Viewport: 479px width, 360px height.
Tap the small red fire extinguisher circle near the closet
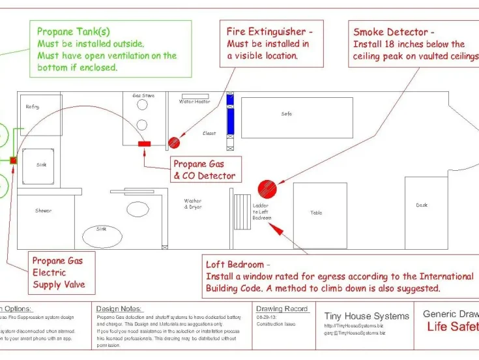point(173,143)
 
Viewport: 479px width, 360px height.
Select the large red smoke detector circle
point(267,189)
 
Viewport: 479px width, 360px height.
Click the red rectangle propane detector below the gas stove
point(144,143)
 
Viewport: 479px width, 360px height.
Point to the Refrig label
point(33,106)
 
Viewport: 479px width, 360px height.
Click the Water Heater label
point(194,102)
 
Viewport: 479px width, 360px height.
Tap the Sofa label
point(287,114)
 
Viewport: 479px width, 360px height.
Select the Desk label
point(422,205)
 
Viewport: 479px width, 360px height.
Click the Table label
point(316,213)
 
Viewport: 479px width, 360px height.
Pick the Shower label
point(43,211)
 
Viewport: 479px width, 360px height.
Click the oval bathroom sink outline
point(102,233)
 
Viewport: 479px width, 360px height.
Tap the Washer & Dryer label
point(193,204)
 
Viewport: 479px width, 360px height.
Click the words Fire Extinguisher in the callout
point(265,31)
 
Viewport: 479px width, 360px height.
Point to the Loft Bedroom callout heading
point(235,265)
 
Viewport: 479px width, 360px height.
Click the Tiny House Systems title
point(367,316)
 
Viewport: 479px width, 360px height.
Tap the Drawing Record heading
point(282,309)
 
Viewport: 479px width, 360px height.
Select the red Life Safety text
point(452,326)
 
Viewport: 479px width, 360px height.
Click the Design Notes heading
point(119,308)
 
